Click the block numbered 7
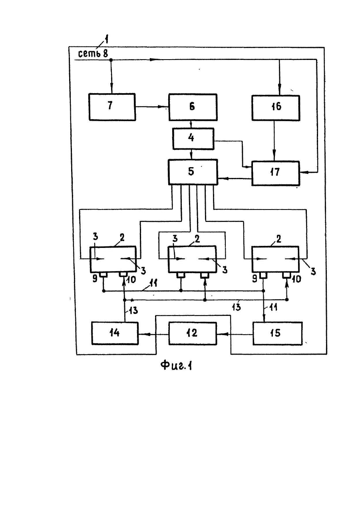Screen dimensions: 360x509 tap(112, 107)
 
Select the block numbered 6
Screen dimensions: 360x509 tap(193, 107)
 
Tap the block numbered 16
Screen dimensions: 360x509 tap(276, 108)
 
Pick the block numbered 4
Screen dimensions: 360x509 tap(193, 139)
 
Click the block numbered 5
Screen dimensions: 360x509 tap(193, 172)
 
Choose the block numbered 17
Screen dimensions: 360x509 tap(276, 174)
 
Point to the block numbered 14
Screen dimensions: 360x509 tap(115, 333)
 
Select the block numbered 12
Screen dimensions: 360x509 tap(193, 333)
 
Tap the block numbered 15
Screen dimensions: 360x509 tap(277, 333)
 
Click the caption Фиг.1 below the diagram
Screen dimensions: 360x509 tap(176, 365)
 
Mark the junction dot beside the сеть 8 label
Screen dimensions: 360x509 tap(111, 60)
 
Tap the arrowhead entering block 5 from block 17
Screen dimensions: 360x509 tap(221, 179)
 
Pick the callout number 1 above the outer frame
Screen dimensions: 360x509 tap(105, 40)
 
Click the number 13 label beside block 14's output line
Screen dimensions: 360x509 tap(134, 310)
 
